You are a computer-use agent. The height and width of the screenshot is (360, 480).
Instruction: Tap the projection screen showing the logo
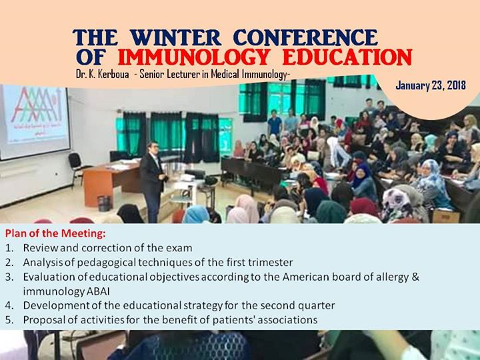tap(34, 120)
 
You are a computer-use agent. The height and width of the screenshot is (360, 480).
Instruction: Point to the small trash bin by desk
tap(103, 202)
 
